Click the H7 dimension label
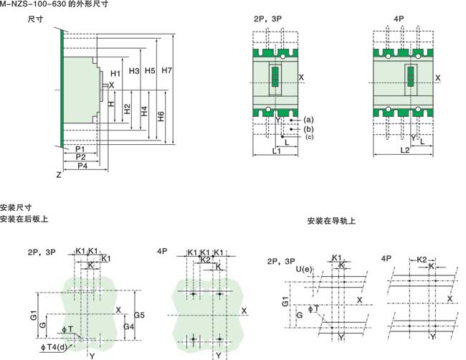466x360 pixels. [x=166, y=70]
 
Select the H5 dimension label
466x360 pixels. [x=150, y=70]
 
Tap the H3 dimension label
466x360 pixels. [x=133, y=70]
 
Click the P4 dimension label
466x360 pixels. [x=82, y=166]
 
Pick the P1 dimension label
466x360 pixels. [x=80, y=148]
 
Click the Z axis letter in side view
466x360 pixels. [x=58, y=174]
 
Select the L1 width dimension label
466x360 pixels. [x=277, y=151]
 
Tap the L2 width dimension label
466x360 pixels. [x=404, y=151]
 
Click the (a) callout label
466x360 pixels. [x=309, y=119]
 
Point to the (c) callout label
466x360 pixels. [x=309, y=136]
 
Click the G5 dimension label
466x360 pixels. [x=140, y=315]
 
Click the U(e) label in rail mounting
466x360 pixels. [x=303, y=269]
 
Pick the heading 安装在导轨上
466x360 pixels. [x=332, y=221]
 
